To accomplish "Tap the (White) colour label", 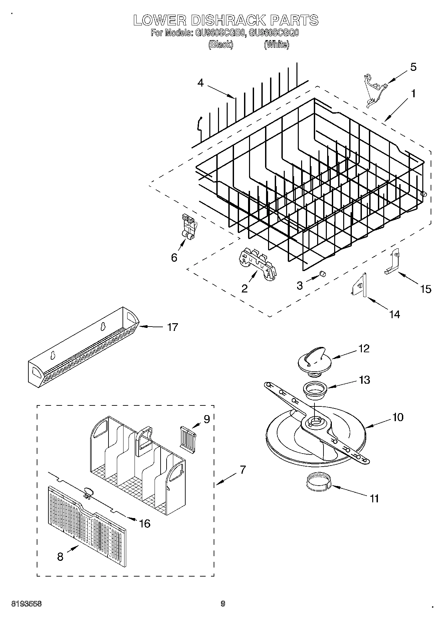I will tap(276, 44).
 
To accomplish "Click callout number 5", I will tap(413, 67).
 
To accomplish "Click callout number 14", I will tap(394, 314).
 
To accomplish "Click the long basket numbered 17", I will tap(83, 348).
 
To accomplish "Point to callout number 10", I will tap(398, 417).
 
